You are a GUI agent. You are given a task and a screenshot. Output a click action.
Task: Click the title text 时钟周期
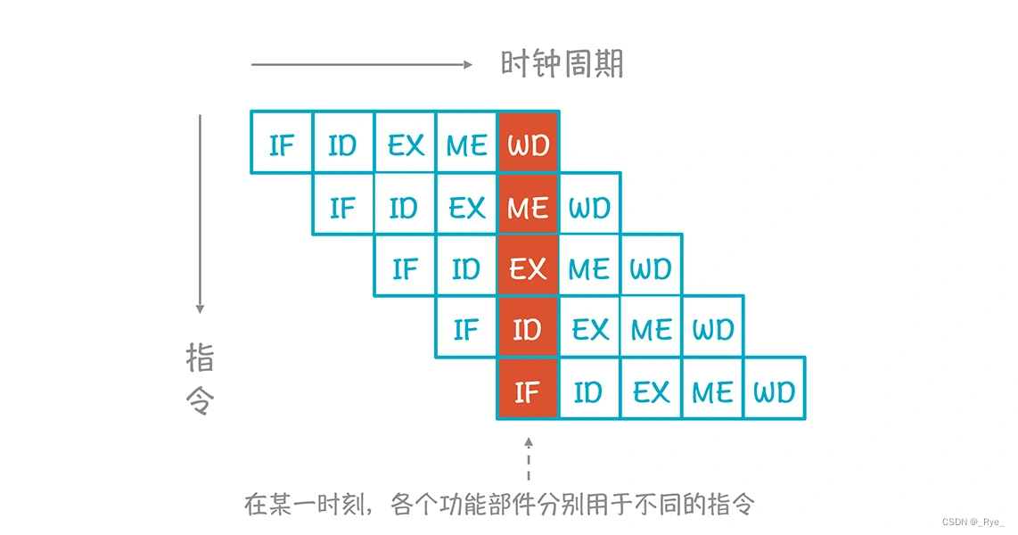(x=562, y=64)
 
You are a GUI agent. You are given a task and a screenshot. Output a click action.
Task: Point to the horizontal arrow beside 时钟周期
(x=361, y=64)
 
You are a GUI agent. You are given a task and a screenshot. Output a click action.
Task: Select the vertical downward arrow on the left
(x=201, y=214)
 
